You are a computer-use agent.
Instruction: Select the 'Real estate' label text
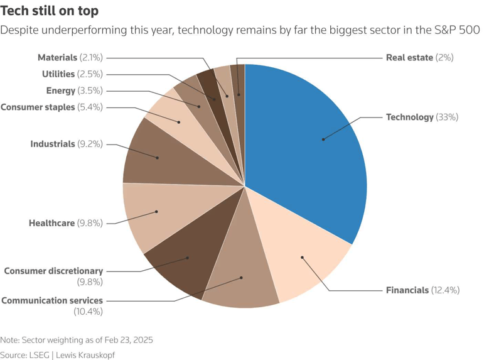pos(409,58)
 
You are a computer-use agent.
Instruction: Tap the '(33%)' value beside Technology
pos(448,117)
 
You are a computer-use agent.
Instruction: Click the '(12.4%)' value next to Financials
pos(446,290)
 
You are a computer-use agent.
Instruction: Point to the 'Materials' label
pos(57,58)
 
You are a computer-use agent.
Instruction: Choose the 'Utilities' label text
pos(58,74)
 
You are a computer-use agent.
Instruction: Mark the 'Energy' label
pos(61,90)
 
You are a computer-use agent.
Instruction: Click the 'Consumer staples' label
pos(38,107)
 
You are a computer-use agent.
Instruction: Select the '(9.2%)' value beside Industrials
pos(90,145)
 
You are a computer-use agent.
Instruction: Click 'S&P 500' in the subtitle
pos(460,30)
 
